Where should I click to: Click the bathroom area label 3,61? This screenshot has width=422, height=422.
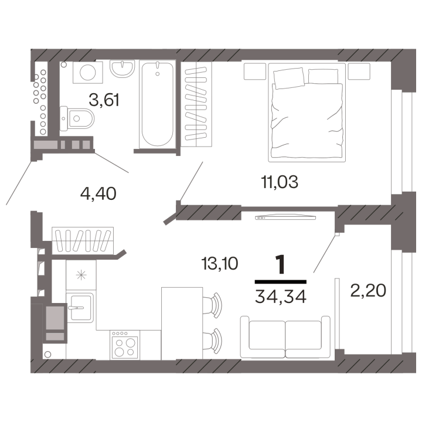(104, 100)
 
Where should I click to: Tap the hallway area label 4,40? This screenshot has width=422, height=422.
(98, 193)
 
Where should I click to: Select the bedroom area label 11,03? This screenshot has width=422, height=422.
(280, 182)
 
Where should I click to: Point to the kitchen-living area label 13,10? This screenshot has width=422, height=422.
(220, 263)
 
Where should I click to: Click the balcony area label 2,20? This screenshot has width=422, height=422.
(368, 290)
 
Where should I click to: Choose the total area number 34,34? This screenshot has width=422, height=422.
(281, 297)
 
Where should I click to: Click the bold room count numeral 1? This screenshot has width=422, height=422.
(280, 264)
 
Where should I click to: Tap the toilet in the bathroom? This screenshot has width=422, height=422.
(77, 118)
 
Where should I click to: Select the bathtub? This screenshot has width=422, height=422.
(158, 104)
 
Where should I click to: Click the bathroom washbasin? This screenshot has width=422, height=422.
(122, 69)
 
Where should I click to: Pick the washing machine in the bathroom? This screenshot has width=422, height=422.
(88, 72)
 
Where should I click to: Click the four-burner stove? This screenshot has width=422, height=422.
(125, 345)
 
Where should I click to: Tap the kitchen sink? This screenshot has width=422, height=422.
(80, 307)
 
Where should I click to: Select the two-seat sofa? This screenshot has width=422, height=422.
(285, 337)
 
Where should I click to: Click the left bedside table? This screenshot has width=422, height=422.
(255, 72)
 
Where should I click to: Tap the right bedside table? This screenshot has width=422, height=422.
(359, 72)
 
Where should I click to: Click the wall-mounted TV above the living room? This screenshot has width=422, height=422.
(285, 217)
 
